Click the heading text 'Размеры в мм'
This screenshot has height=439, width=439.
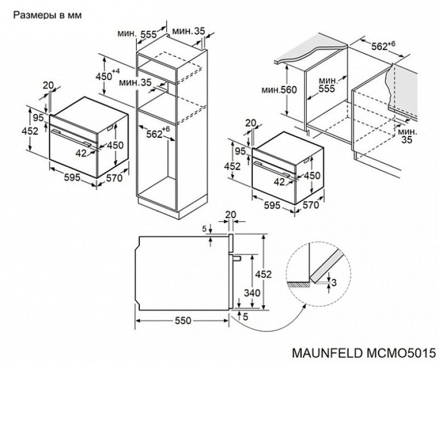tap(48, 15)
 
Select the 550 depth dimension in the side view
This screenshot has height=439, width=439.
tap(183, 320)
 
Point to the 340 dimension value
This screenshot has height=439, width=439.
tap(252, 293)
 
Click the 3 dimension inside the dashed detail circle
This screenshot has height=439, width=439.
tap(334, 283)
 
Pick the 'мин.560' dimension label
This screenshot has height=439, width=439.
tap(279, 90)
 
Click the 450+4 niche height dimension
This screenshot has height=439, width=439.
tap(108, 75)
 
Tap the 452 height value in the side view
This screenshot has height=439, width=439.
tap(263, 274)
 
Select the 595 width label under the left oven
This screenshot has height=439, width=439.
tap(72, 177)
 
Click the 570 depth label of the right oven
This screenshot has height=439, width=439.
tap(311, 205)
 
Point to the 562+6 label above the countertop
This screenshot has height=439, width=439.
tap(383, 46)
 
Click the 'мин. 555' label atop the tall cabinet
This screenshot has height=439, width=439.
tap(137, 34)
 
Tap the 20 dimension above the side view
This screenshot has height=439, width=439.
tap(230, 215)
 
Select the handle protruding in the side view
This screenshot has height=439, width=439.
tap(237, 258)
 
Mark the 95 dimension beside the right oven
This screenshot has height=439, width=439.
tap(240, 151)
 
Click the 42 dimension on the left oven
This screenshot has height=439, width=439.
tap(81, 153)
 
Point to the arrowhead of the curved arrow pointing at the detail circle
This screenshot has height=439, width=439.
tap(305, 306)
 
